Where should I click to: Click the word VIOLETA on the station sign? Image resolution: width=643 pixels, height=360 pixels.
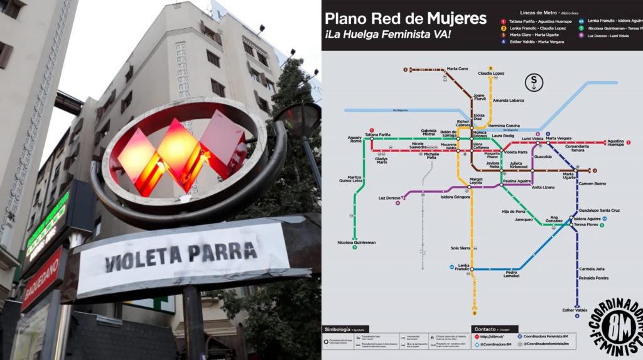pyautogui.click(x=143, y=256)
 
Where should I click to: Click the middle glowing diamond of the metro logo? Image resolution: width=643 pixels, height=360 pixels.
pyautogui.click(x=178, y=154)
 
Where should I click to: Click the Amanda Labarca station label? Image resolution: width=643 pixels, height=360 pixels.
pyautogui.click(x=508, y=101)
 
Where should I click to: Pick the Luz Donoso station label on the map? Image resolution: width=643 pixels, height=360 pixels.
pyautogui.click(x=389, y=198)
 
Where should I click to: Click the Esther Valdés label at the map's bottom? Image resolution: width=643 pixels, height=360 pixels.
pyautogui.click(x=575, y=310)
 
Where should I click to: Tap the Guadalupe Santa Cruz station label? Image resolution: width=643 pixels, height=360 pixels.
pyautogui.click(x=599, y=210)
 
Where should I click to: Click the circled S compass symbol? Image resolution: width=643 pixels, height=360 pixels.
pyautogui.click(x=534, y=82)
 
